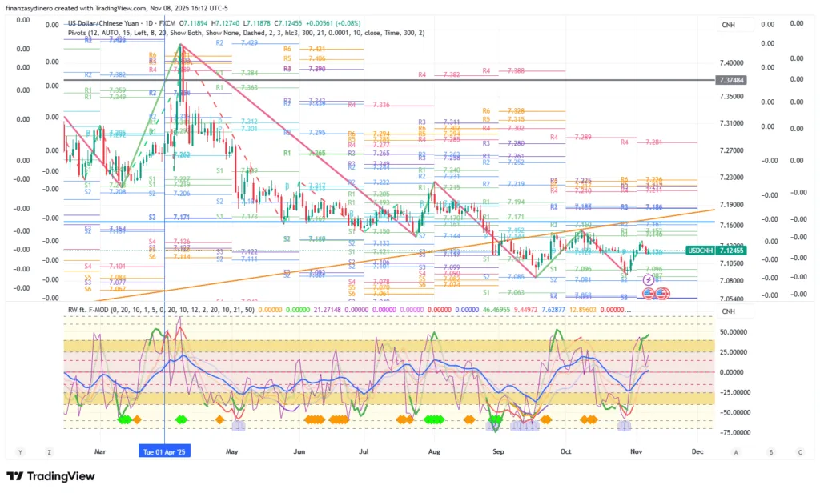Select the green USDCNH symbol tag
click(702, 251)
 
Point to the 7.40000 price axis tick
click(734, 62)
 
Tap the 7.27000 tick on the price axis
click(734, 150)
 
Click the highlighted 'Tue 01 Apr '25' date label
click(163, 451)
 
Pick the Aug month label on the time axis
click(434, 451)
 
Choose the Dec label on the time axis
click(697, 451)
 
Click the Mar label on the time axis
click(100, 451)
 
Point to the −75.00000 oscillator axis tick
click(735, 432)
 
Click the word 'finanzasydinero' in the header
click(33, 8)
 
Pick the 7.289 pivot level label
click(583, 138)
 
